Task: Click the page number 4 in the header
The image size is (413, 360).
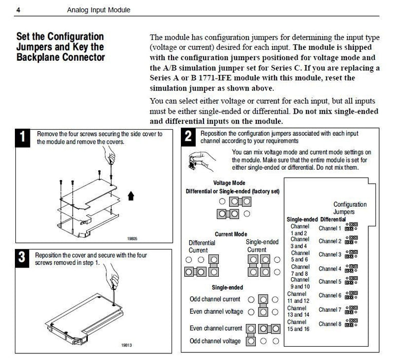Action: pyautogui.click(x=18, y=10)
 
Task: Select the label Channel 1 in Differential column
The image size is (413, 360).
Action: pyautogui.click(x=330, y=228)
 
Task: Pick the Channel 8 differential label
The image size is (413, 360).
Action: pyautogui.click(x=330, y=324)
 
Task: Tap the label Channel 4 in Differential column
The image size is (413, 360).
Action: pyautogui.click(x=330, y=268)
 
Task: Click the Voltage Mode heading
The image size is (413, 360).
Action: pyautogui.click(x=229, y=183)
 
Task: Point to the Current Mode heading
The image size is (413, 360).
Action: pyautogui.click(x=231, y=235)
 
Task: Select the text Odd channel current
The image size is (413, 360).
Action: pyautogui.click(x=215, y=299)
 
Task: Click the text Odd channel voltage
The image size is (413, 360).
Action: pyautogui.click(x=215, y=341)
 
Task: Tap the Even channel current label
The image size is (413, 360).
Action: pyautogui.click(x=215, y=328)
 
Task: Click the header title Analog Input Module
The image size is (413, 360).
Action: pyautogui.click(x=99, y=10)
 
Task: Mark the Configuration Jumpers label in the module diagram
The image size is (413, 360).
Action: pyautogui.click(x=350, y=208)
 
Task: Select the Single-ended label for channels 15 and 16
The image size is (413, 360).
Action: pyautogui.click(x=298, y=325)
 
